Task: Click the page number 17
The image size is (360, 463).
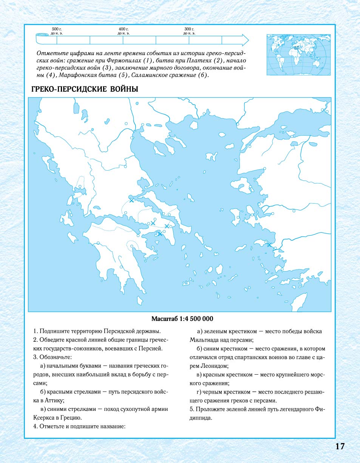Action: [340, 446]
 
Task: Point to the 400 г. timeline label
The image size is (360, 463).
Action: [123, 29]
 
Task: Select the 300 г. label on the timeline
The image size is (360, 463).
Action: [189, 29]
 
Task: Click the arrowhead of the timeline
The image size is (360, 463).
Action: [245, 40]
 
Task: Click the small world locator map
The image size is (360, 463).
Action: [298, 55]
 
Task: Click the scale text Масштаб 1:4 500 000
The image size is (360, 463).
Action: [180, 318]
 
